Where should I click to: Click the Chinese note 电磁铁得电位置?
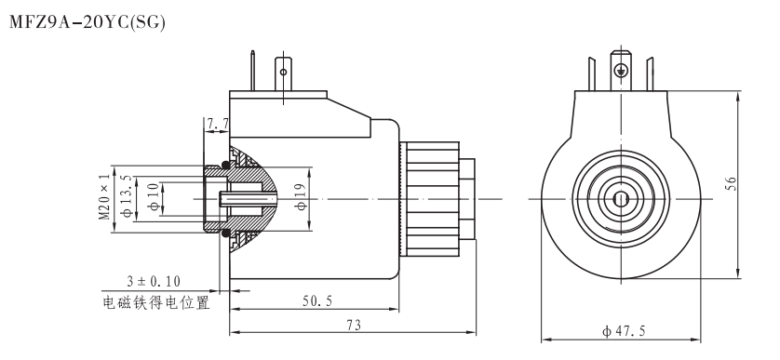point(155,302)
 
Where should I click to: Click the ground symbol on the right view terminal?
point(621,70)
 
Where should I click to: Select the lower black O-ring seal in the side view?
point(226,232)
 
